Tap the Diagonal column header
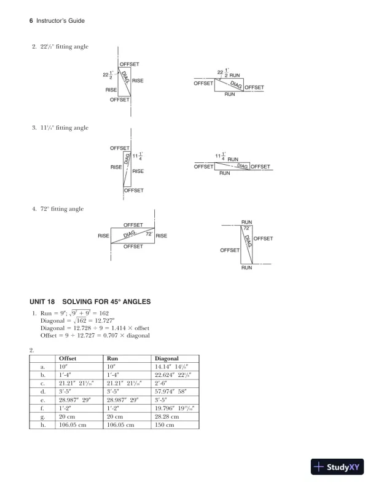pyautogui.click(x=167, y=357)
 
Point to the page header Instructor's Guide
pyautogui.click(x=60, y=21)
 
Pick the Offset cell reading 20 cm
pyautogui.click(x=67, y=416)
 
